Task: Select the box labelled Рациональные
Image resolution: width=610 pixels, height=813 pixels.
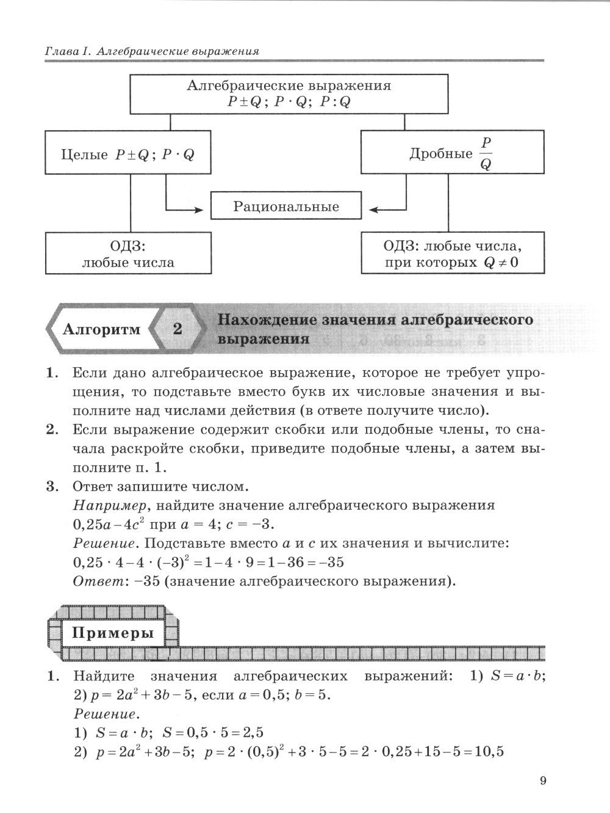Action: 285,206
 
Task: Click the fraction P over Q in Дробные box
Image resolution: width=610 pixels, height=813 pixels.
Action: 486,153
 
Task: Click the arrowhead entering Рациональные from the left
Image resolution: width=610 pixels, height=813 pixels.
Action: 199,210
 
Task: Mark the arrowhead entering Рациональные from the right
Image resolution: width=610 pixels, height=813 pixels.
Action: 374,210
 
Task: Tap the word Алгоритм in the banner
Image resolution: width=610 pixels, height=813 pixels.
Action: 101,329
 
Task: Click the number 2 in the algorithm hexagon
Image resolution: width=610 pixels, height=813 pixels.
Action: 178,329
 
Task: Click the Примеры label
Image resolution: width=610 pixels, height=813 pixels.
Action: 113,633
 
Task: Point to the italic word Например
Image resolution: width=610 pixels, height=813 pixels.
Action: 102,506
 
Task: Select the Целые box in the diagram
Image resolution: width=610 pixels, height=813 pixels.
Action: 128,155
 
